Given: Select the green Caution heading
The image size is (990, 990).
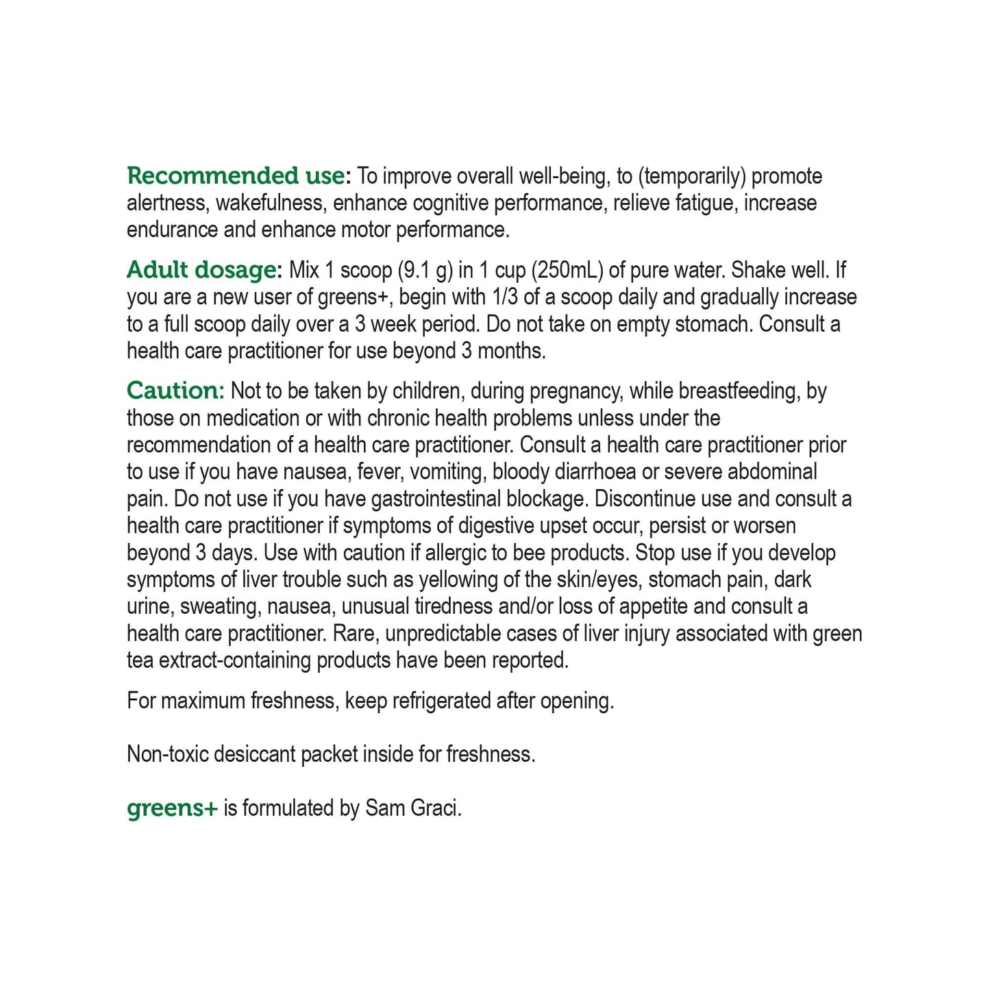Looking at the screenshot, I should coord(175,391).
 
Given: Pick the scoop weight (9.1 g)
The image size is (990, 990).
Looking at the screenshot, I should coord(425,270).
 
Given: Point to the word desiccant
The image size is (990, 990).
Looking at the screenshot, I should coord(256,754).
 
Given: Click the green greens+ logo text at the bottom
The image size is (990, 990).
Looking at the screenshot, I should coord(172,808).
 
